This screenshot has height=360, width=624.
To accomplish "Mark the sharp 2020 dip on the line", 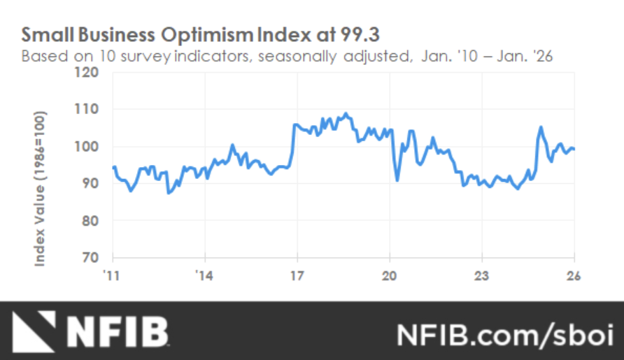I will click(397, 180).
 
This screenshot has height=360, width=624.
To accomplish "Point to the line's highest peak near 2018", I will click(346, 113).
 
